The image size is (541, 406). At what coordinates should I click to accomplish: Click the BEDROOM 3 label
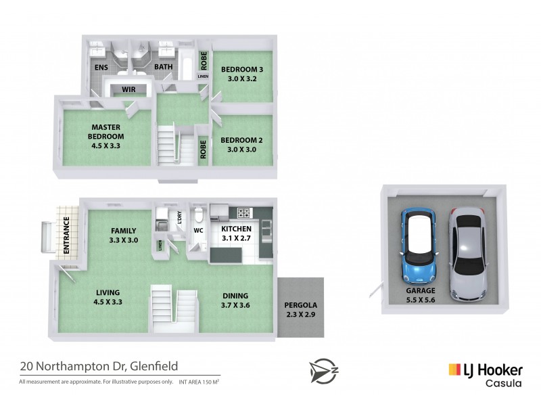click(x=241, y=73)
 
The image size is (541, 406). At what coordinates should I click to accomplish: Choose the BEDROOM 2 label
click(x=241, y=145)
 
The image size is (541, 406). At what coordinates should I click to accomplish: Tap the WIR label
click(x=130, y=89)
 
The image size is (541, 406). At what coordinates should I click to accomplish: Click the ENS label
click(x=101, y=67)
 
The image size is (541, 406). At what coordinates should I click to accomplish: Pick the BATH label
click(x=164, y=67)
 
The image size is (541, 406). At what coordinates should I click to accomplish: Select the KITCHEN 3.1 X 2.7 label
click(x=237, y=234)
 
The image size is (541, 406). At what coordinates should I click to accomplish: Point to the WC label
click(x=199, y=230)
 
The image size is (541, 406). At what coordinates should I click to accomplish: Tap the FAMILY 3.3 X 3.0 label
click(x=124, y=235)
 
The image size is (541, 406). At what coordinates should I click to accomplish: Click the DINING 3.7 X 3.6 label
click(x=235, y=300)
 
